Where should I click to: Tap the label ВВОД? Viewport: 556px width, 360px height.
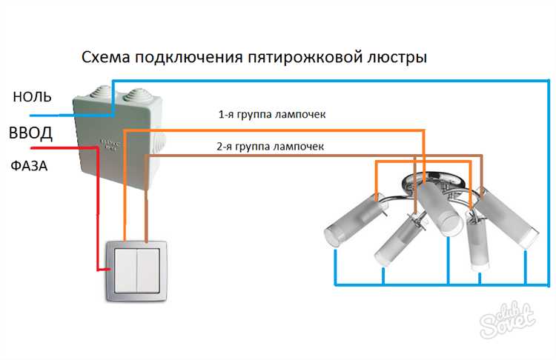[x=30, y=134]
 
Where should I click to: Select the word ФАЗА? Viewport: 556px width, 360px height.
[x=30, y=166]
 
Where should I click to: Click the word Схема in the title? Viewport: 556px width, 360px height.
[x=104, y=57]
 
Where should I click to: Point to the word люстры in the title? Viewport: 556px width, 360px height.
[x=398, y=57]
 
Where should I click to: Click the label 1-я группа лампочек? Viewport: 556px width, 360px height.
[x=271, y=115]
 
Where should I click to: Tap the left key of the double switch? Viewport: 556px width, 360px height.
[x=126, y=269]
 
